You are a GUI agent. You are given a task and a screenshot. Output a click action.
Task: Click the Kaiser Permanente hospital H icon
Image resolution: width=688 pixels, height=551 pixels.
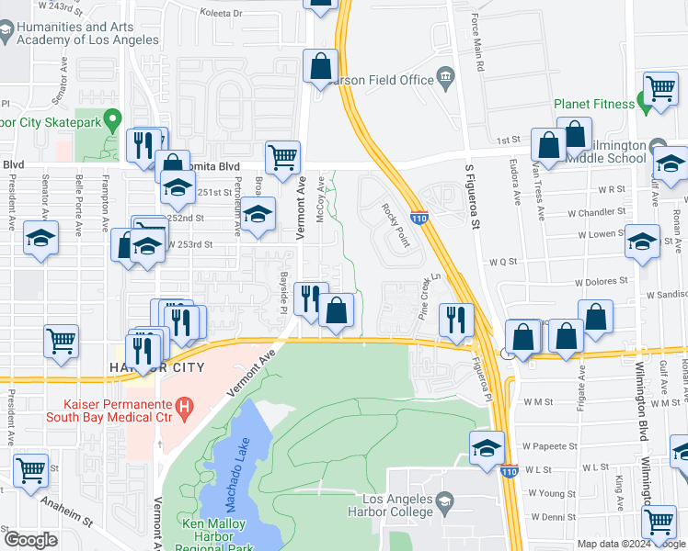pos(185,405)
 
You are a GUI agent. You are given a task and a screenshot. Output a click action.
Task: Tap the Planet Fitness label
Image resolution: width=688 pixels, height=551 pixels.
pos(594,104)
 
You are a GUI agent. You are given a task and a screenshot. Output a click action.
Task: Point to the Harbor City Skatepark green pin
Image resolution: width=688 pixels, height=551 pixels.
pos(113,118)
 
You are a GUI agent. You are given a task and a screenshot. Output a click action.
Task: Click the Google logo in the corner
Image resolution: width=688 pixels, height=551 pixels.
pos(30,540)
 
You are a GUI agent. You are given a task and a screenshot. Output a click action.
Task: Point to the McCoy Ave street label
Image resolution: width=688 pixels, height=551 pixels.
pos(320,198)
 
